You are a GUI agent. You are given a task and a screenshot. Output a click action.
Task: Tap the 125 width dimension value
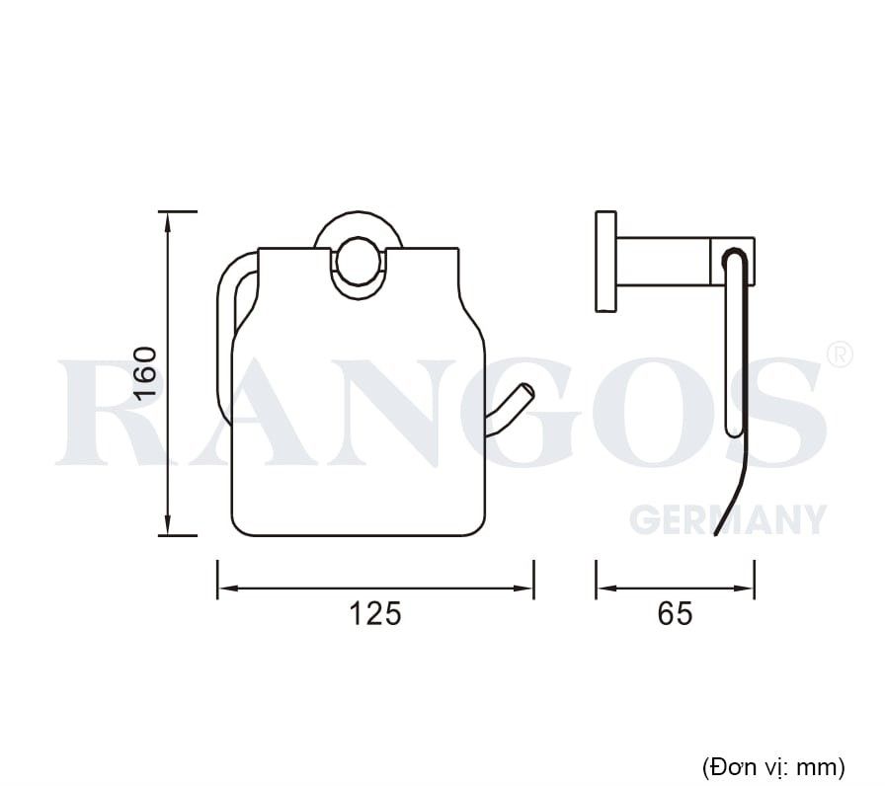click(376, 613)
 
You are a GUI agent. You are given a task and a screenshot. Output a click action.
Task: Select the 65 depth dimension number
click(675, 613)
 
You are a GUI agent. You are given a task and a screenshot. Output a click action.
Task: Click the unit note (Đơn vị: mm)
click(773, 765)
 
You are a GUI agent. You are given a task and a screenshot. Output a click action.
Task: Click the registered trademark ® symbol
click(838, 354)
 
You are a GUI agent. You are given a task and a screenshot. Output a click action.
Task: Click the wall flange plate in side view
click(605, 262)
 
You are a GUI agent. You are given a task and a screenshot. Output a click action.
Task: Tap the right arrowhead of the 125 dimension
click(525, 589)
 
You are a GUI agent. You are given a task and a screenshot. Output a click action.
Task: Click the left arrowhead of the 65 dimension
click(603, 589)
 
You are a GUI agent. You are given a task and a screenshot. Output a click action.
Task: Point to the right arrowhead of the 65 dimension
click(748, 589)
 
